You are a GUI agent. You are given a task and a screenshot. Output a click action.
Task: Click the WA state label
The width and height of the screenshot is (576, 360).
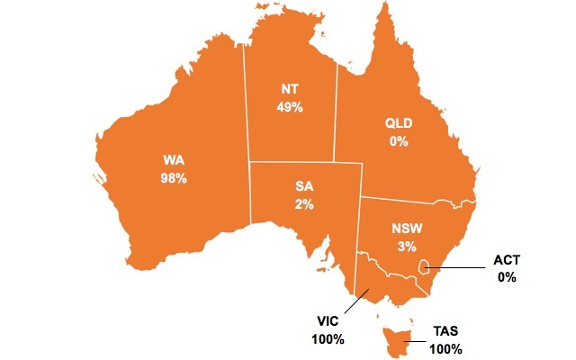[175, 160]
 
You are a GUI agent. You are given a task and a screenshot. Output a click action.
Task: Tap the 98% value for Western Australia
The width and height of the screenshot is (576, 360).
[175, 178]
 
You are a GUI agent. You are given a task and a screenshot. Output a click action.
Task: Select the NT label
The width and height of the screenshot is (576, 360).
[291, 89]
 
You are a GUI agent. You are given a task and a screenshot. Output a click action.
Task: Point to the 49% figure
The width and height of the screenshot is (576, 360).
[291, 107]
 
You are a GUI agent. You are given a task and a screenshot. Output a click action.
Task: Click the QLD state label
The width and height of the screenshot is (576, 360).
[399, 123]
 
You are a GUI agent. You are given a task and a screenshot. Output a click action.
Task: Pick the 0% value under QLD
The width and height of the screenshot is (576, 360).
[399, 141]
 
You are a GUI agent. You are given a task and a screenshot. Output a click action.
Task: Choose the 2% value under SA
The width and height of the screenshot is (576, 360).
[304, 204]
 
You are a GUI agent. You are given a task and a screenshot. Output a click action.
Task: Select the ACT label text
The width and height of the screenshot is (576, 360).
[507, 260]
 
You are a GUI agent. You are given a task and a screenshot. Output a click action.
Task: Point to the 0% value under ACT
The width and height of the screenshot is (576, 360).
[507, 277]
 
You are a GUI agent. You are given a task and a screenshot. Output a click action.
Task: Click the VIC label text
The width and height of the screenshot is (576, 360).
[328, 321]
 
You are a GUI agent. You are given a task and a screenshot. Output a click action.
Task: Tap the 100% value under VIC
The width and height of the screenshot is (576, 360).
[328, 339]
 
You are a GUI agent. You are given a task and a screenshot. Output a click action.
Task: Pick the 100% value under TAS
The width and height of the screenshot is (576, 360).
[446, 348]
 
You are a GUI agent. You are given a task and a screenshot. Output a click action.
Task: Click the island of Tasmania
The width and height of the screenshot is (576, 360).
[393, 339]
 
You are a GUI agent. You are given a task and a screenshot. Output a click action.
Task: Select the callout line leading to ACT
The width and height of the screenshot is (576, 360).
[459, 267]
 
